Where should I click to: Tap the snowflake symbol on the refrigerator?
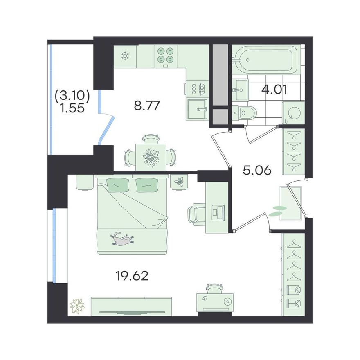pyautogui.click(x=125, y=56)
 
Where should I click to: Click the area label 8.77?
pyautogui.click(x=147, y=106)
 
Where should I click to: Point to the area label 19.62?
pyautogui.click(x=133, y=276)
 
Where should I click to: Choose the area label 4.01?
pyautogui.click(x=274, y=90)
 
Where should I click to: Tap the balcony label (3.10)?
pyautogui.click(x=72, y=95)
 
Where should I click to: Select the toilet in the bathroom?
pyautogui.click(x=244, y=113)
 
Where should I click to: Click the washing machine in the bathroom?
pyautogui.click(x=293, y=113)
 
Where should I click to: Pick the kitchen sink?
pyautogui.click(x=198, y=110)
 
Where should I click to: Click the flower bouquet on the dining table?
pyautogui.click(x=151, y=157)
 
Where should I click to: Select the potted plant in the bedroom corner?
pyautogui.click(x=77, y=306)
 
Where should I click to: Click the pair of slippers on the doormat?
pyautogui.click(x=278, y=211)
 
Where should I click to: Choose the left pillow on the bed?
pyautogui.click(x=117, y=184)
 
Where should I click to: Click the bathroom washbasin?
pyautogui.click(x=240, y=90)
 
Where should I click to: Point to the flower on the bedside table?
pyautogui.click(x=179, y=181)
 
